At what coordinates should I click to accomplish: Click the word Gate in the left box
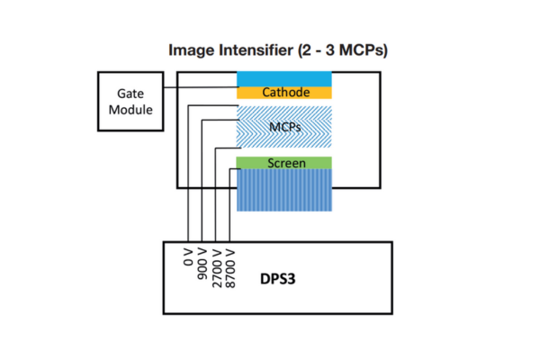[x=130, y=94]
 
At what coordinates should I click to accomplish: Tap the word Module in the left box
[x=130, y=110]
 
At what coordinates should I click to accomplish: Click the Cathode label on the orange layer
[x=286, y=93]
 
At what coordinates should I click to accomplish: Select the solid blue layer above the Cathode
[x=284, y=79]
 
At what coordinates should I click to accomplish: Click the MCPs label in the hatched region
[x=284, y=127]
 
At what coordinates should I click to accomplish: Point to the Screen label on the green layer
[x=286, y=163]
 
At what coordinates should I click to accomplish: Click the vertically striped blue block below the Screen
[x=284, y=190]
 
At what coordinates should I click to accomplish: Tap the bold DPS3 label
[x=277, y=279]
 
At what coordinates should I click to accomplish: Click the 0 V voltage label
[x=188, y=257]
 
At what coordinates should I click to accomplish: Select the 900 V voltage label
[x=202, y=264]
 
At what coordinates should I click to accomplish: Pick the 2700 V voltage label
[x=217, y=268]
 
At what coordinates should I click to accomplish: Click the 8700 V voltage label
[x=230, y=268]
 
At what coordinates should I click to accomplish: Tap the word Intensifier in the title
[x=256, y=49]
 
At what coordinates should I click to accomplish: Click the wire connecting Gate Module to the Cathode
[x=200, y=87]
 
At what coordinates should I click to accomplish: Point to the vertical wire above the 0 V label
[x=188, y=174]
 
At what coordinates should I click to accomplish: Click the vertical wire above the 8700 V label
[x=229, y=205]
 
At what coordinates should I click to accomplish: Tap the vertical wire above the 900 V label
[x=202, y=181]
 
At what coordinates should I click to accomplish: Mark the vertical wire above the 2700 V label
[x=216, y=195]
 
